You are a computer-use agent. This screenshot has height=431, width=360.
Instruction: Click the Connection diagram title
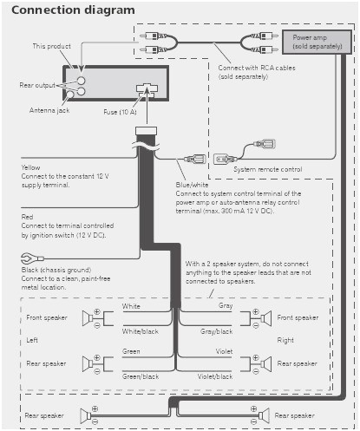[x=74, y=10]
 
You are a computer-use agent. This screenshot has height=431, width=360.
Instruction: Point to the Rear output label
[x=38, y=85]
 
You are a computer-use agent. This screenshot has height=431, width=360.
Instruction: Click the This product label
[x=51, y=46]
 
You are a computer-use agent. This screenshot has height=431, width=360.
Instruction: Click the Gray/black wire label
[x=217, y=331]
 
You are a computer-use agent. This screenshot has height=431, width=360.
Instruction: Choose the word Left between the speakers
[x=32, y=341]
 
